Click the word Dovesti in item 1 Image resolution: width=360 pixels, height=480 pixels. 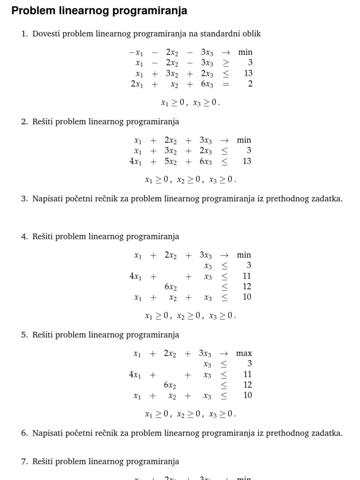pyautogui.click(x=46, y=34)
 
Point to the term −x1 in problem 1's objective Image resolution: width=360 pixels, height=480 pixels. pyautogui.click(x=136, y=52)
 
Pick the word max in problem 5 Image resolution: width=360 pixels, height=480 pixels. pyautogui.click(x=244, y=353)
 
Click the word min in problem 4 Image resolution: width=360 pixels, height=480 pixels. pyautogui.click(x=244, y=255)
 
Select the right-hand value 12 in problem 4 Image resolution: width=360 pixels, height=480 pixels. pyautogui.click(x=247, y=286)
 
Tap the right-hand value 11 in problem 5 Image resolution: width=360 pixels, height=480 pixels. pyautogui.click(x=247, y=374)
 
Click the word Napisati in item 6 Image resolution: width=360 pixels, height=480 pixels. pyautogui.click(x=49, y=433)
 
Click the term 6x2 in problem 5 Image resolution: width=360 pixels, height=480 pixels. pyautogui.click(x=170, y=385)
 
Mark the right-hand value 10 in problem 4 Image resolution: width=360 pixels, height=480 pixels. pyautogui.click(x=247, y=297)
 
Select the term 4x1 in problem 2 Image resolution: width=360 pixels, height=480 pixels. pyautogui.click(x=135, y=161)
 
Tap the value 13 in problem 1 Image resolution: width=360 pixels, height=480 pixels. pyautogui.click(x=248, y=73)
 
